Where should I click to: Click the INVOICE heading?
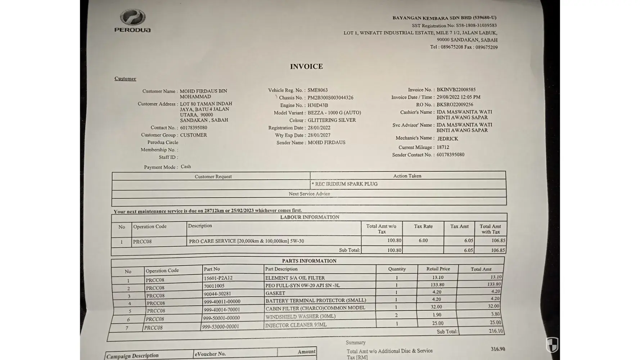click(x=306, y=67)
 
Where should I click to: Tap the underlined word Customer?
click(x=125, y=78)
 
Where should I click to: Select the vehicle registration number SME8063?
click(x=317, y=90)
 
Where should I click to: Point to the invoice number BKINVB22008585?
click(x=456, y=90)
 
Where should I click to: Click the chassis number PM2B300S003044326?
click(x=330, y=98)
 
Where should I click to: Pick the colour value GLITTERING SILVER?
click(x=332, y=120)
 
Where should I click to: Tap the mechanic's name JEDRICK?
click(x=447, y=139)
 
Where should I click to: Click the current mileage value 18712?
click(x=443, y=147)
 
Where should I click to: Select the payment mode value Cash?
click(x=186, y=167)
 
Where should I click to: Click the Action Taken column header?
click(x=407, y=176)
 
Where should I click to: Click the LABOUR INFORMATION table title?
click(x=310, y=217)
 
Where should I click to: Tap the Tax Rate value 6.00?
click(x=423, y=240)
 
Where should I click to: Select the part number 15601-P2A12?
click(x=218, y=278)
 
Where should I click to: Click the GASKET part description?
click(x=275, y=293)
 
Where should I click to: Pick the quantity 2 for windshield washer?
click(x=396, y=315)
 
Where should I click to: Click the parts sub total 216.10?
click(x=496, y=331)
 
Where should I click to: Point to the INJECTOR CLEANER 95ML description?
click(x=296, y=325)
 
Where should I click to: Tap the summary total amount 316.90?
click(x=498, y=349)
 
